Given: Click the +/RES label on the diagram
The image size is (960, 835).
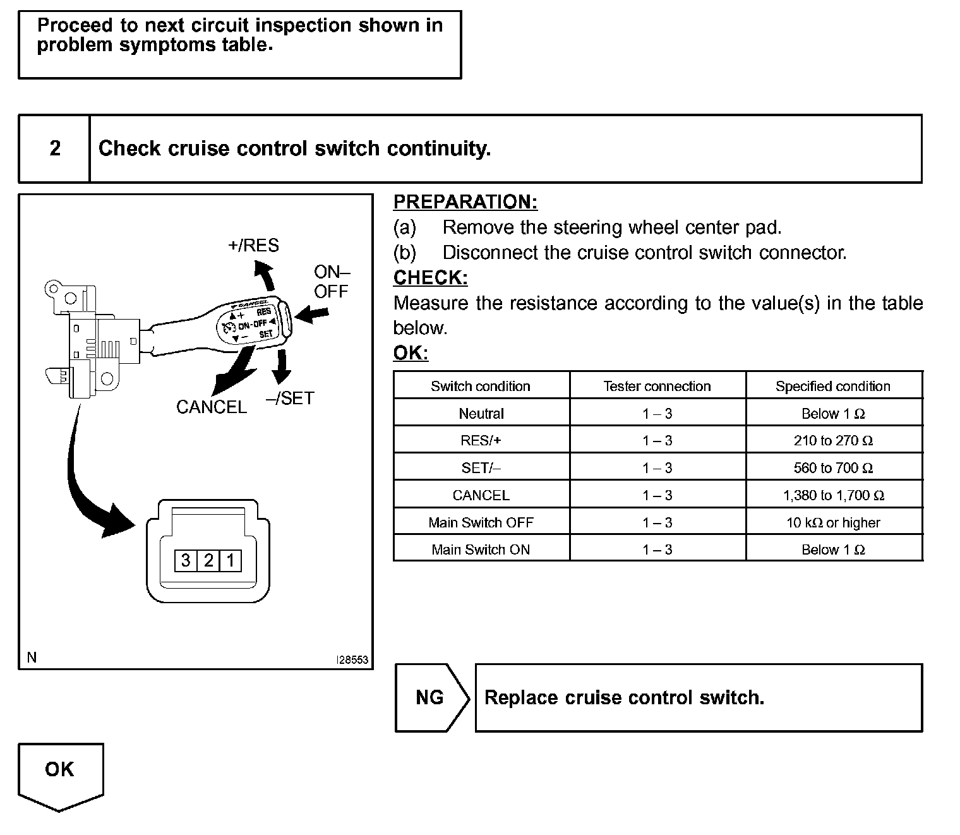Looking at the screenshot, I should pos(253,245).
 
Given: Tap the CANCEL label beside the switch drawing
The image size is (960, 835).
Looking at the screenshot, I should pos(211,407).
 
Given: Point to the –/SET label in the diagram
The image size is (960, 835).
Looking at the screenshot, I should pos(290,398).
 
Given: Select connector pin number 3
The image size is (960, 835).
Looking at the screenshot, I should pos(186,560).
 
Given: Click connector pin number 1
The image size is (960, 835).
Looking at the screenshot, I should pos(231,560).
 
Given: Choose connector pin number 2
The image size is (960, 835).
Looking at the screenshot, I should pos(208,560).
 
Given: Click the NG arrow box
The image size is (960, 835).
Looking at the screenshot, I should pos(431,697).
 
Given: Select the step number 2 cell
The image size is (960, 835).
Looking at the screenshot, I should pos(55,148).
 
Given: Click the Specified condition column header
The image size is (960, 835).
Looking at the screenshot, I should pos(833,386).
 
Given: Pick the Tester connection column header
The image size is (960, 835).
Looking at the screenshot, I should pos(657,386).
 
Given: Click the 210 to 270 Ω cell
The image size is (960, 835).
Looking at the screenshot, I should pos(833,440).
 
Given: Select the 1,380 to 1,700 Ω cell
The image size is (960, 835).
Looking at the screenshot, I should pos(833,495).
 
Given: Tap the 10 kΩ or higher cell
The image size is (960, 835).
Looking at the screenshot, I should pos(833,522).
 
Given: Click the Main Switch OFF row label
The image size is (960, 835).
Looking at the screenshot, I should pos(481,522).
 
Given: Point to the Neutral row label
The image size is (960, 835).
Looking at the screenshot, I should pos(481,414).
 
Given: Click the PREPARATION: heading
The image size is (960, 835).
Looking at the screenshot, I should pos(465,202).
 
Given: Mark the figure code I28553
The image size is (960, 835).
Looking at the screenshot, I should pos(352,659).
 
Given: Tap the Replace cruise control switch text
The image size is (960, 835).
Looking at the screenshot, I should pos(624,697).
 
